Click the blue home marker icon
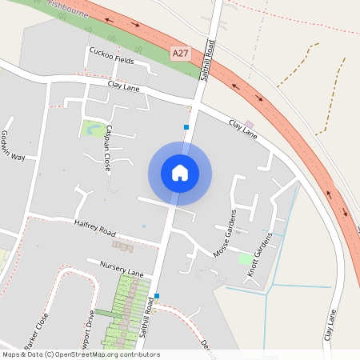180,173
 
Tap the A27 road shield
181,53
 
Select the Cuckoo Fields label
111,55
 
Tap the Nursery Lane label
120,268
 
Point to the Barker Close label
36,328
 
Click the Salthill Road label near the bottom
147,316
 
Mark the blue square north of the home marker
186,126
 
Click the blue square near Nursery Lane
157,296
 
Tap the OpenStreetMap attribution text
80,354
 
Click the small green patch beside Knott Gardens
245,258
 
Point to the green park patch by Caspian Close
93,127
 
